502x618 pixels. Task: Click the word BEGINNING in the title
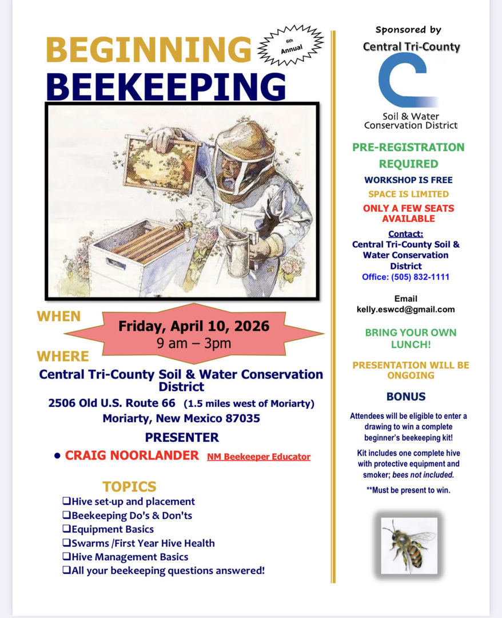[148, 50]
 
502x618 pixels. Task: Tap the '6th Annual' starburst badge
[291, 45]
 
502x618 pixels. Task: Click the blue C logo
[407, 80]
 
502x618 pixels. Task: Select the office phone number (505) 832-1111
[420, 277]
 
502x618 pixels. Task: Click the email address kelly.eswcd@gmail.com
[405, 310]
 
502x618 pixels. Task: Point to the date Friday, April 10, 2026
[194, 326]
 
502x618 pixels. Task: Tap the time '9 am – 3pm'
[194, 343]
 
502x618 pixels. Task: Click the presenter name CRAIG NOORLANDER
[132, 455]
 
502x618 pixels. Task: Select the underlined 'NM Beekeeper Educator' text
[258, 457]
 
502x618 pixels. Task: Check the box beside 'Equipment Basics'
[66, 529]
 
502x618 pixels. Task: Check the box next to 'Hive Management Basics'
[66, 557]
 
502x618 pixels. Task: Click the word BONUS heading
[406, 397]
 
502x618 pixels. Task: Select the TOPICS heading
[129, 487]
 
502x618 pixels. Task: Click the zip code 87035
[243, 418]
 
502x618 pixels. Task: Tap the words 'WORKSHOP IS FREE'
[408, 180]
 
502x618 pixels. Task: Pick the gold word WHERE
[63, 356]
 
